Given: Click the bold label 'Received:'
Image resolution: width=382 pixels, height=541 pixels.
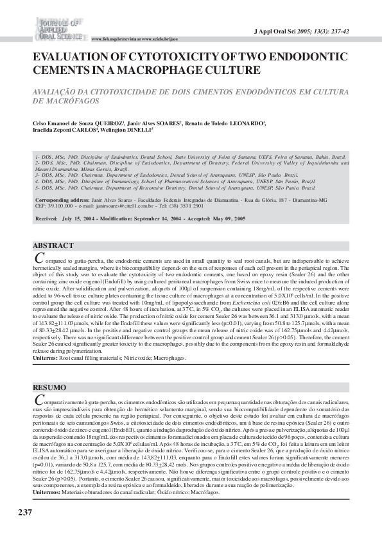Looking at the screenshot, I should pyautogui.click(x=46, y=218).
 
